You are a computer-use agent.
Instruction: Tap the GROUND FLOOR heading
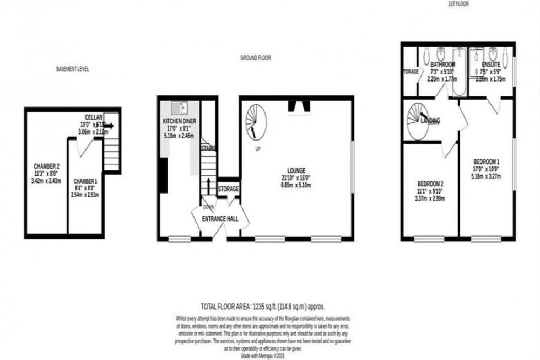click(x=255, y=58)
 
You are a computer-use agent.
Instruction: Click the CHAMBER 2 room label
click(x=46, y=166)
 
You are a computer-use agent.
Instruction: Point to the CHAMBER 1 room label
click(x=85, y=181)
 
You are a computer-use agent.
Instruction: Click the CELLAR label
click(x=94, y=117)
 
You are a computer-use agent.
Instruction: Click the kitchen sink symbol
click(x=179, y=108)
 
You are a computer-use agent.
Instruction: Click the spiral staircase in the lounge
click(x=255, y=121)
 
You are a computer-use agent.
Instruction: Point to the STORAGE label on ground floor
click(x=228, y=189)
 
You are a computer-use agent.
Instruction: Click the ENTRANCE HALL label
click(x=220, y=219)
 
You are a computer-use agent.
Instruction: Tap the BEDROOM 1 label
click(x=487, y=162)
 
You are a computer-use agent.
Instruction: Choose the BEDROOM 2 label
click(x=430, y=184)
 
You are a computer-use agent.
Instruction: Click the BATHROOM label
click(x=442, y=65)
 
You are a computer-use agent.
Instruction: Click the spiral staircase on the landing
click(x=416, y=117)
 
